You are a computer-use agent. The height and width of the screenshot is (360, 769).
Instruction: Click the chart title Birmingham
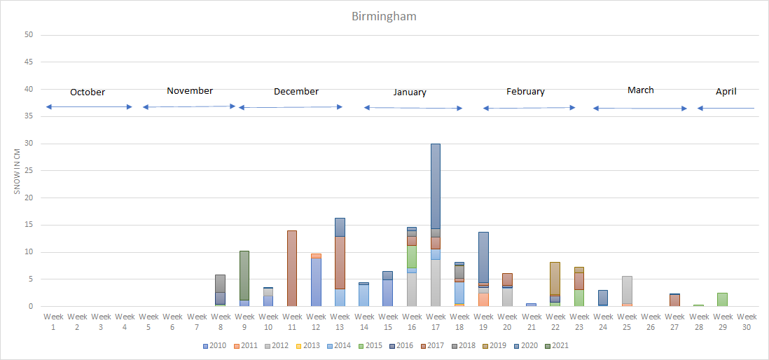[384, 15]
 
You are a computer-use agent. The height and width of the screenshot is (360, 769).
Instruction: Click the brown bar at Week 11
[292, 268]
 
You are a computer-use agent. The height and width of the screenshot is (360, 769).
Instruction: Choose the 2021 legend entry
[560, 345]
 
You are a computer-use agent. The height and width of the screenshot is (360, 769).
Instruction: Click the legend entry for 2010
[216, 345]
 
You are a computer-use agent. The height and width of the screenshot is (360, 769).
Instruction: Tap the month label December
[296, 91]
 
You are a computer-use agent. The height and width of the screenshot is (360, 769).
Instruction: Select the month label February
[525, 91]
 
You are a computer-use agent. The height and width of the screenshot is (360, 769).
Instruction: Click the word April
[726, 91]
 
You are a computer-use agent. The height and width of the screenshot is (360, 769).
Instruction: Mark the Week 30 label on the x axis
[747, 321]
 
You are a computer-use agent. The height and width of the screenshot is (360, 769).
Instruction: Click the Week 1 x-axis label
[53, 321]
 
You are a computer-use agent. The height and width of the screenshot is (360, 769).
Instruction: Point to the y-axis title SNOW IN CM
[17, 170]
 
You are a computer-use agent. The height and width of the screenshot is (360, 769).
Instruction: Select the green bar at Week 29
[723, 300]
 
